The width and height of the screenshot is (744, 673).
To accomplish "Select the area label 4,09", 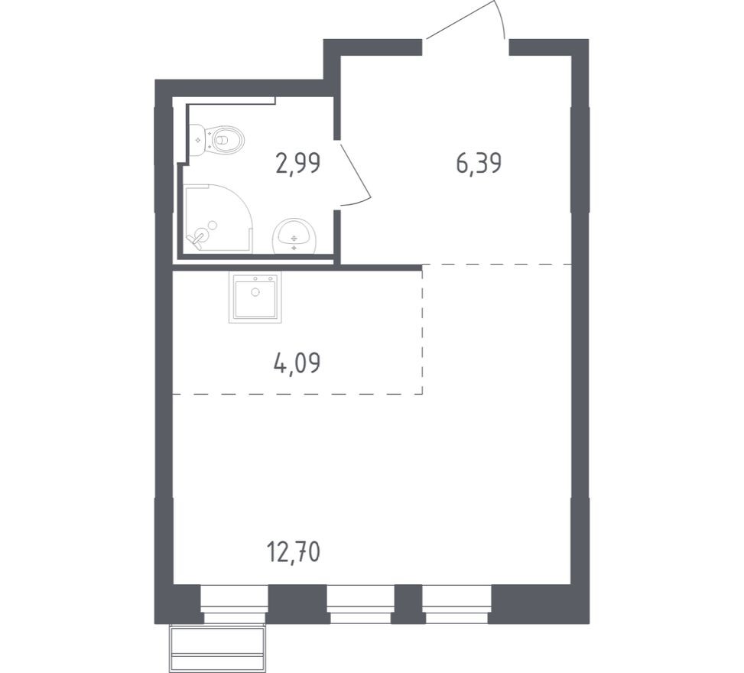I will tap(296, 363).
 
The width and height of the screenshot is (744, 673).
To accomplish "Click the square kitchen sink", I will tap(254, 297).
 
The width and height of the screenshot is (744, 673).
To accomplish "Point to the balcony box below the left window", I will tap(218, 648).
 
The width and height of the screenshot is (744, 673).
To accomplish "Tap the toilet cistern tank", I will tap(197, 140).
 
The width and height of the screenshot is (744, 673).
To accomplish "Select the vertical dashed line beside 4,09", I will tap(422, 329).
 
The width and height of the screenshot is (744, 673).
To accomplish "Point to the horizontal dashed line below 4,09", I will tap(298, 394).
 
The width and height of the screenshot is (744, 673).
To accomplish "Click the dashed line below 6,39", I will tap(497, 264).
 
